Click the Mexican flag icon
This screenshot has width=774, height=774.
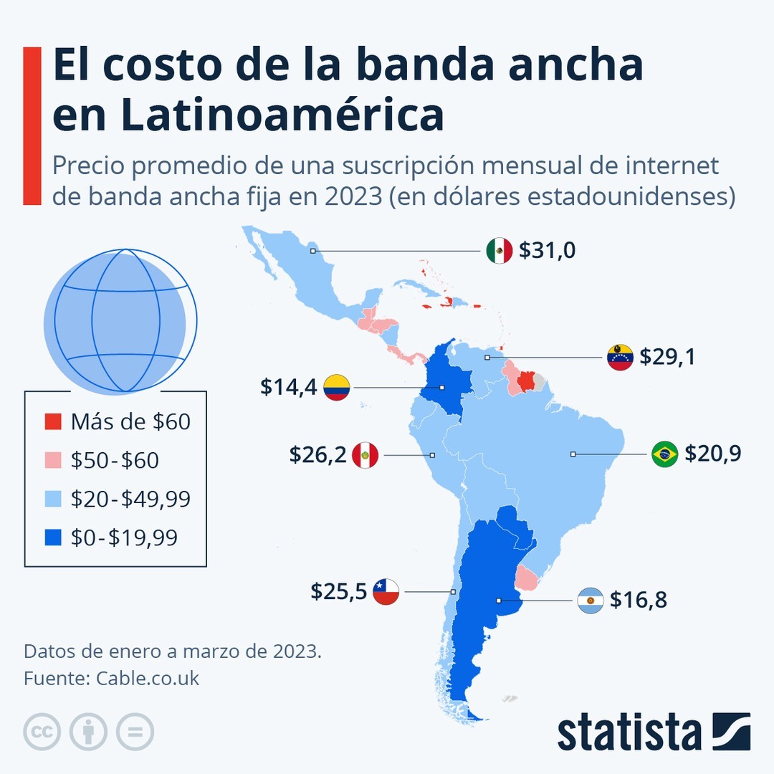(x=499, y=250)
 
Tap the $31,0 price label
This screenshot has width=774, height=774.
(x=548, y=250)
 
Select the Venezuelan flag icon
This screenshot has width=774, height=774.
(x=620, y=357)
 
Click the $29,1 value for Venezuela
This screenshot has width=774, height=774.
(x=667, y=357)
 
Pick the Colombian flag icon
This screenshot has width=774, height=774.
(x=336, y=388)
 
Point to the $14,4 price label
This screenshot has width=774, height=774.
(x=289, y=388)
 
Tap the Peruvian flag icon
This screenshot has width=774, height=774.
(x=365, y=455)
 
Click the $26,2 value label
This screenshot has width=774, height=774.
(x=317, y=455)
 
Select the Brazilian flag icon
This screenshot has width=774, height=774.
(x=664, y=454)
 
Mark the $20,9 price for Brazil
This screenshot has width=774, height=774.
(x=712, y=454)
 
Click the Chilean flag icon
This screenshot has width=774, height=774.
(x=386, y=592)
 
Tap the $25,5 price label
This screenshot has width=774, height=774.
(x=339, y=592)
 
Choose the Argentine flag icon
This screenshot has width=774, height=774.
(x=590, y=600)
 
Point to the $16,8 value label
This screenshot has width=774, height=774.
(x=639, y=600)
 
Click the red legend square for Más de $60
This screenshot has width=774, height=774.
(x=53, y=422)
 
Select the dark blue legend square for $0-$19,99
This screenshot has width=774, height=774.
(x=53, y=537)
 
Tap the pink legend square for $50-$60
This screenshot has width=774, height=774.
(x=53, y=461)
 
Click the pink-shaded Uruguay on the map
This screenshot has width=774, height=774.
(x=527, y=578)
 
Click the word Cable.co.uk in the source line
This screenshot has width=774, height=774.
(x=148, y=678)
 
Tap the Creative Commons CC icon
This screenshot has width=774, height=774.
(x=42, y=732)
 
